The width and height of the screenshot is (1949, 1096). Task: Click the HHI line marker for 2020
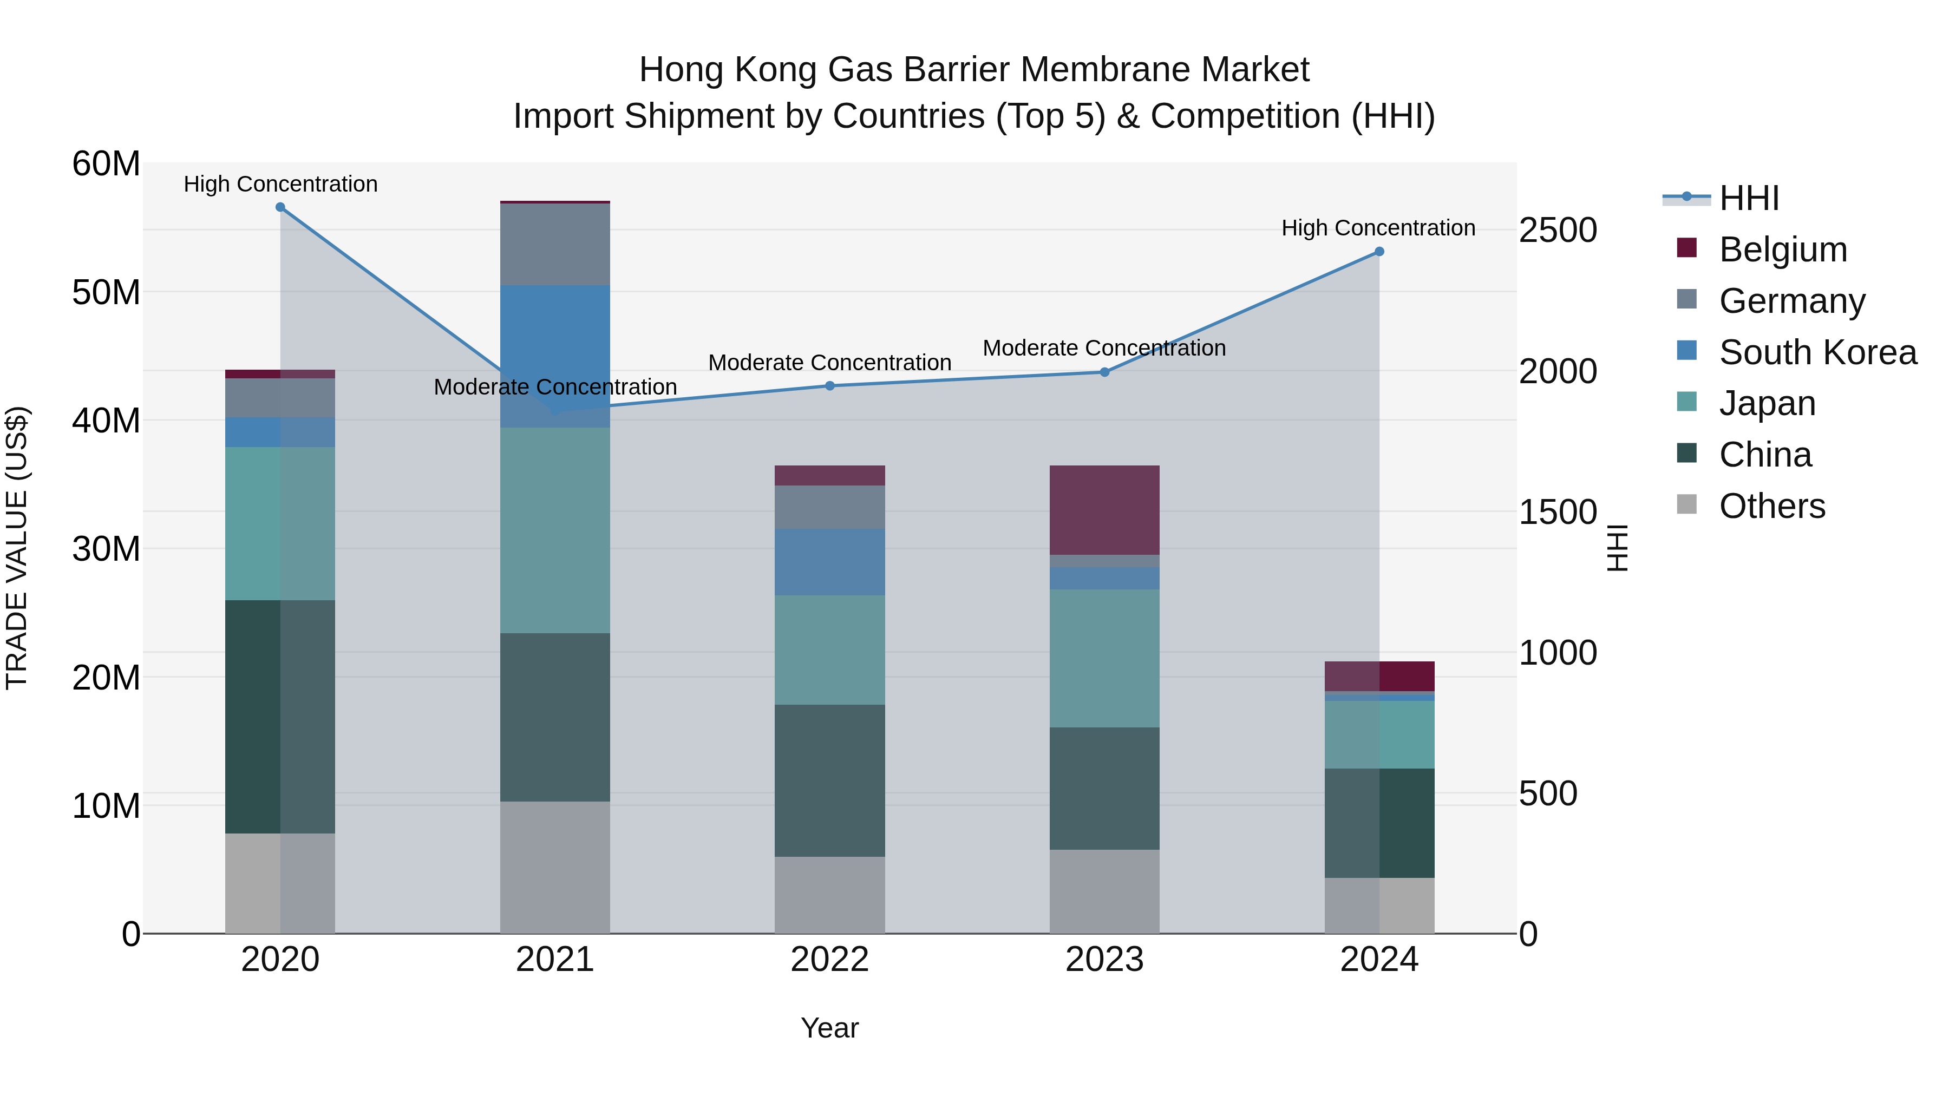click(x=280, y=207)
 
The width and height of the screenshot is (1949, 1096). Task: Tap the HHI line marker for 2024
click(x=1378, y=252)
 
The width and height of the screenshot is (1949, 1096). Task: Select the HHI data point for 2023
click(x=1104, y=372)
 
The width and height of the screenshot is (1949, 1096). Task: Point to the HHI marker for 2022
click(x=829, y=386)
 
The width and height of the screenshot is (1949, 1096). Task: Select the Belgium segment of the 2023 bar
click(x=1104, y=510)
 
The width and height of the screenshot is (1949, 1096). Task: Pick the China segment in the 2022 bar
click(x=829, y=780)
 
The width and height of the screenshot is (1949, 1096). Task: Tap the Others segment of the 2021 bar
click(x=554, y=867)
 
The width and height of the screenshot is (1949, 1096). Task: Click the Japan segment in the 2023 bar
click(x=1104, y=658)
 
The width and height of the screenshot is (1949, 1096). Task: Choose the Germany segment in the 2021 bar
click(x=554, y=244)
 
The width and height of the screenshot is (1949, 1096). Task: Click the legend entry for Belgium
click(x=1783, y=250)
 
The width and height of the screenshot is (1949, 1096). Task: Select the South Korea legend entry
click(x=1817, y=352)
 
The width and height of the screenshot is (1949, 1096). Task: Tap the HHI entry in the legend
click(x=1749, y=198)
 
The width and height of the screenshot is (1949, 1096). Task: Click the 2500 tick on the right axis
click(x=1558, y=230)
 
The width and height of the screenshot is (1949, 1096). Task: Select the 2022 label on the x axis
click(x=829, y=960)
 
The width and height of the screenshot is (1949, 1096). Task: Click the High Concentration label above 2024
click(x=1378, y=228)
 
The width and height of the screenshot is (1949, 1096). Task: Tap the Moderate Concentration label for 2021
click(x=554, y=388)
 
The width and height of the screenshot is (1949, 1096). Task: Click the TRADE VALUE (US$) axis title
click(x=17, y=548)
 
